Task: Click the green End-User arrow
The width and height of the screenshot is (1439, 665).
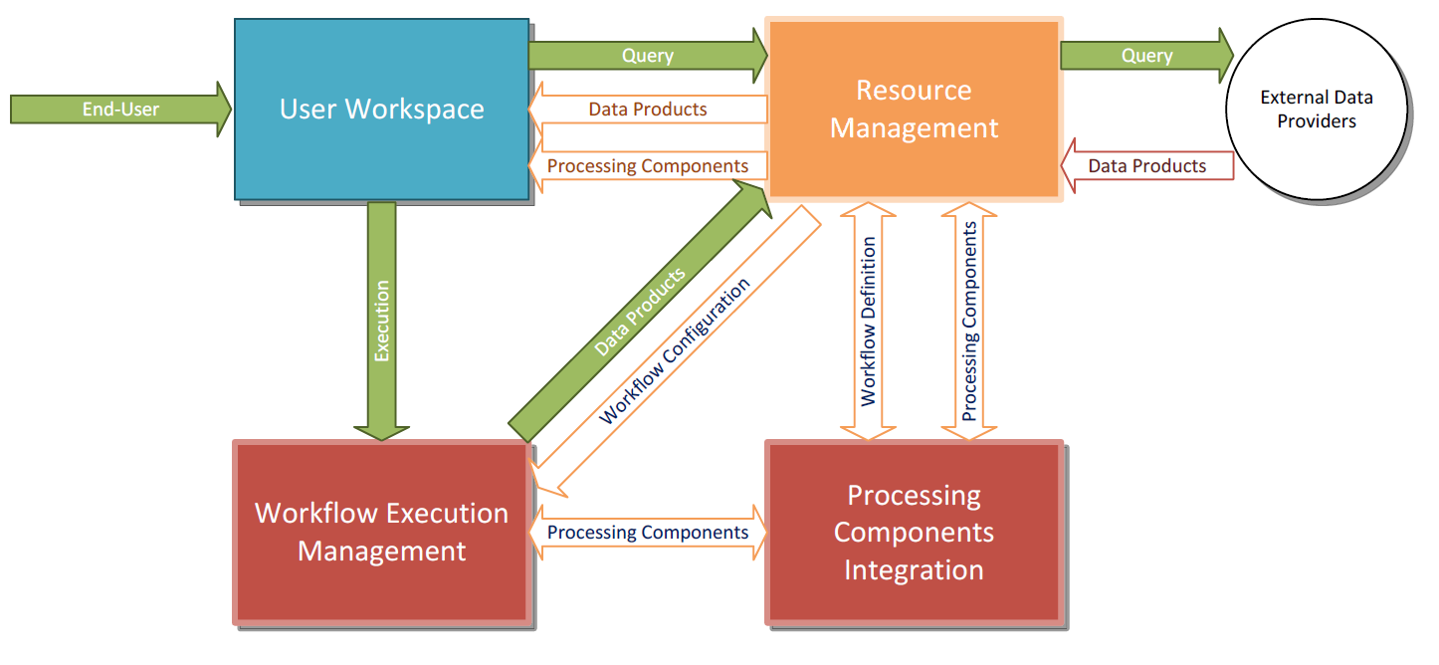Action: [119, 109]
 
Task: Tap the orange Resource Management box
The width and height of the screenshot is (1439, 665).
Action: [914, 109]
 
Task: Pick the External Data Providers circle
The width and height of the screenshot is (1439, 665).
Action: [1317, 110]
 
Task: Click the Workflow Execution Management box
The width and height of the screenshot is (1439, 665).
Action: [381, 533]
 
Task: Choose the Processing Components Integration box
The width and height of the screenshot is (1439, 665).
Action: [914, 533]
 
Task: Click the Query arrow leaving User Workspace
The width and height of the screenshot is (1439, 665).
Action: [647, 56]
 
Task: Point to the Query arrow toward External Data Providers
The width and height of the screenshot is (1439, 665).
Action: [1146, 56]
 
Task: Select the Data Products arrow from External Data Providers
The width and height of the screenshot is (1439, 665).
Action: [1147, 166]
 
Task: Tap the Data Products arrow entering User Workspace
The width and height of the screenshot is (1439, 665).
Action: [648, 109]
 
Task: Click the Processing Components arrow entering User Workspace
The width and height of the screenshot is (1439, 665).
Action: [648, 165]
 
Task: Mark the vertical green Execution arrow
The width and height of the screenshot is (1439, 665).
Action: [382, 319]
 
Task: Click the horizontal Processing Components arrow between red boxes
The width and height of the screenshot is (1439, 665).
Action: [648, 533]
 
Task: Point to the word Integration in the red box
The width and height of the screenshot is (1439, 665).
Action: [914, 570]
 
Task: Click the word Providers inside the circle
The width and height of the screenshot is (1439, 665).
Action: [1317, 121]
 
